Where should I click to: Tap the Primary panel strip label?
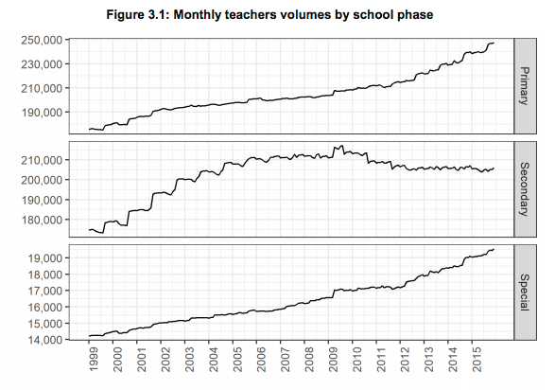pyautogui.click(x=525, y=86)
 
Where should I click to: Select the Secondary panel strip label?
pyautogui.click(x=525, y=189)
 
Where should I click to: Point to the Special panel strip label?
pyautogui.click(x=525, y=292)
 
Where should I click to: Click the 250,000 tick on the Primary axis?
pyautogui.click(x=42, y=40)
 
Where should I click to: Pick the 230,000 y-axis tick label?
pyautogui.click(x=42, y=64)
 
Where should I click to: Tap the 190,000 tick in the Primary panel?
pyautogui.click(x=42, y=113)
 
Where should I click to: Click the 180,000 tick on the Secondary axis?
pyautogui.click(x=42, y=220)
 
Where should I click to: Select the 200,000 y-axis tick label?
pyautogui.click(x=42, y=180)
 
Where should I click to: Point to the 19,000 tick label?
pyautogui.click(x=45, y=257)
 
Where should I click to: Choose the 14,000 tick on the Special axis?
pyautogui.click(x=45, y=340)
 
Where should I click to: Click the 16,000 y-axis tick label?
pyautogui.click(x=45, y=307)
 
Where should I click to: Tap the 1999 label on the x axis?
pyautogui.click(x=93, y=359)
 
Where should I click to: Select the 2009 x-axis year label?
pyautogui.click(x=333, y=359)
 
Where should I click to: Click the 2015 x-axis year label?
pyautogui.click(x=477, y=359)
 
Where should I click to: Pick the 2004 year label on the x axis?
pyautogui.click(x=213, y=359)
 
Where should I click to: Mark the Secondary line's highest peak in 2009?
pyautogui.click(x=342, y=145)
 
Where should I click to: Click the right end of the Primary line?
pyautogui.click(x=494, y=43)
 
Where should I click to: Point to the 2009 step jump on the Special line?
pyautogui.click(x=334, y=293)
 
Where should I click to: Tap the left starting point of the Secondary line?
pyautogui.click(x=89, y=230)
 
